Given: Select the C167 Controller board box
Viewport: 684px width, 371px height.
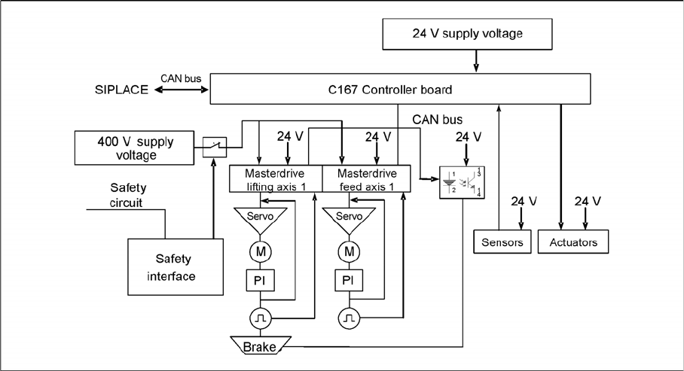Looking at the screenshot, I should (x=399, y=90).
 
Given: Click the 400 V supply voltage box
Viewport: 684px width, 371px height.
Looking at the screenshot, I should (x=126, y=148).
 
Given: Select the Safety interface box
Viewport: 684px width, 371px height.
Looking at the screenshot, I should (x=170, y=267).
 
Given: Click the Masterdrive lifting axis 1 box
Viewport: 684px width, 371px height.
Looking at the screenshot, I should (x=276, y=179).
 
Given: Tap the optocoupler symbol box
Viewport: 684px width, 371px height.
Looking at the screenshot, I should (x=461, y=182).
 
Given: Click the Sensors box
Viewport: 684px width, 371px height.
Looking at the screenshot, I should (x=503, y=242).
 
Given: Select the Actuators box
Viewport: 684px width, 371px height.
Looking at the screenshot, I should (x=573, y=242).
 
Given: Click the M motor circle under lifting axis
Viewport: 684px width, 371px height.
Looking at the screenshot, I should (x=261, y=250).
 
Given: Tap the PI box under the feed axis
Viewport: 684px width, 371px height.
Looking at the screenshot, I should (x=348, y=281).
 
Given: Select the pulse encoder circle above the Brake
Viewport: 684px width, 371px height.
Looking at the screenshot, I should (x=261, y=318).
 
